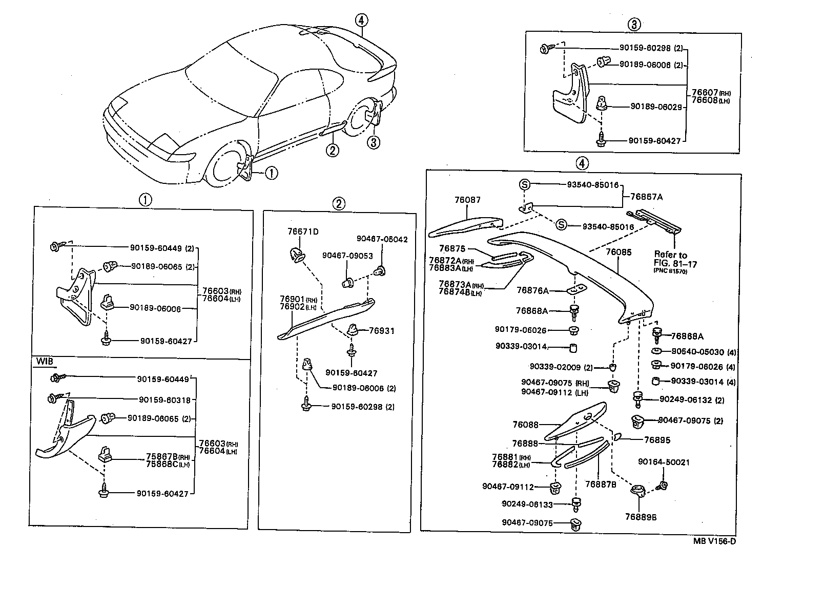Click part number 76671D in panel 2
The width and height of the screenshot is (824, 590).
click(x=303, y=231)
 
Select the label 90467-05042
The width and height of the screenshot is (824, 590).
click(x=382, y=239)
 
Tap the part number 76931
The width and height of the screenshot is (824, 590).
click(x=382, y=331)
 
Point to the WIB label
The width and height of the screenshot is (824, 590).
click(x=44, y=361)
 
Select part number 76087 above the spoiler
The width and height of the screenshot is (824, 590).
click(x=467, y=200)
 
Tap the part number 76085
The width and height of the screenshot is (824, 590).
click(x=619, y=252)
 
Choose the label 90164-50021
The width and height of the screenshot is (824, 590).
click(x=664, y=462)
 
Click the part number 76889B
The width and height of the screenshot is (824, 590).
click(x=641, y=517)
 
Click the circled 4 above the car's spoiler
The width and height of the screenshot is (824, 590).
click(x=361, y=20)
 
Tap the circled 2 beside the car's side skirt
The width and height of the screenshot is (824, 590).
click(x=333, y=150)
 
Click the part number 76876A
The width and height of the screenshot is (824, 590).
click(x=532, y=291)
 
